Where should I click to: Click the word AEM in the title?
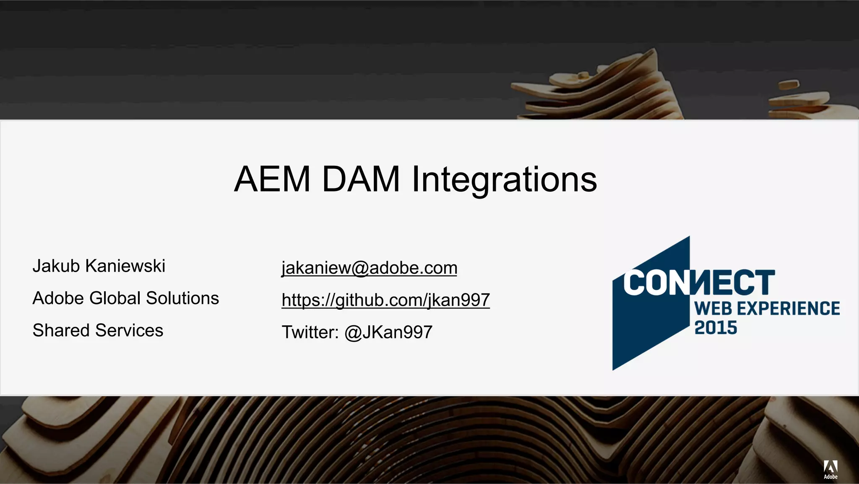click(x=272, y=179)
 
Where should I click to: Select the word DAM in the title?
click(x=360, y=179)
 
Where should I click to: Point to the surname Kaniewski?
click(x=125, y=266)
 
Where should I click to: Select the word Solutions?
click(x=182, y=298)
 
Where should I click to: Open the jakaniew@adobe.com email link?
click(x=369, y=268)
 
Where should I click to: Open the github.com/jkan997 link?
click(x=385, y=300)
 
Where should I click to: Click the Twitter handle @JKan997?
click(x=388, y=332)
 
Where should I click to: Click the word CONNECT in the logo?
click(x=698, y=283)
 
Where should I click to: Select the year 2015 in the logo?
click(x=716, y=328)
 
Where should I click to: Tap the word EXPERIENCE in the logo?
click(x=789, y=309)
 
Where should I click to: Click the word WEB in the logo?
click(x=713, y=309)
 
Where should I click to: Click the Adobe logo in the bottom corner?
click(x=830, y=469)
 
